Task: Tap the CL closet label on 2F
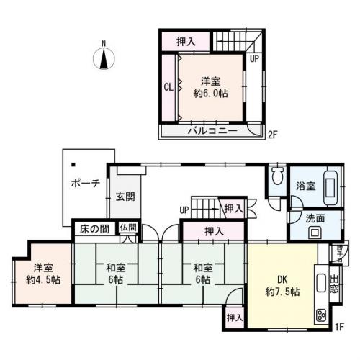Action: point(167,88)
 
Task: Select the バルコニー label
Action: point(213,132)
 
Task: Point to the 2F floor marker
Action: point(272,134)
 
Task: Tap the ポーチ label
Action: point(85,184)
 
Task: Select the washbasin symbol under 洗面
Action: point(315,232)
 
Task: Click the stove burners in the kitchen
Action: point(320,314)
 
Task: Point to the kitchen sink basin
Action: point(321,281)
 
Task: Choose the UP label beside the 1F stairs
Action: point(185,210)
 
